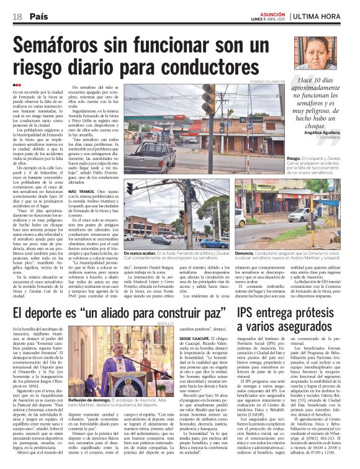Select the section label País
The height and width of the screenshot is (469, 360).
click(x=39, y=16)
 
